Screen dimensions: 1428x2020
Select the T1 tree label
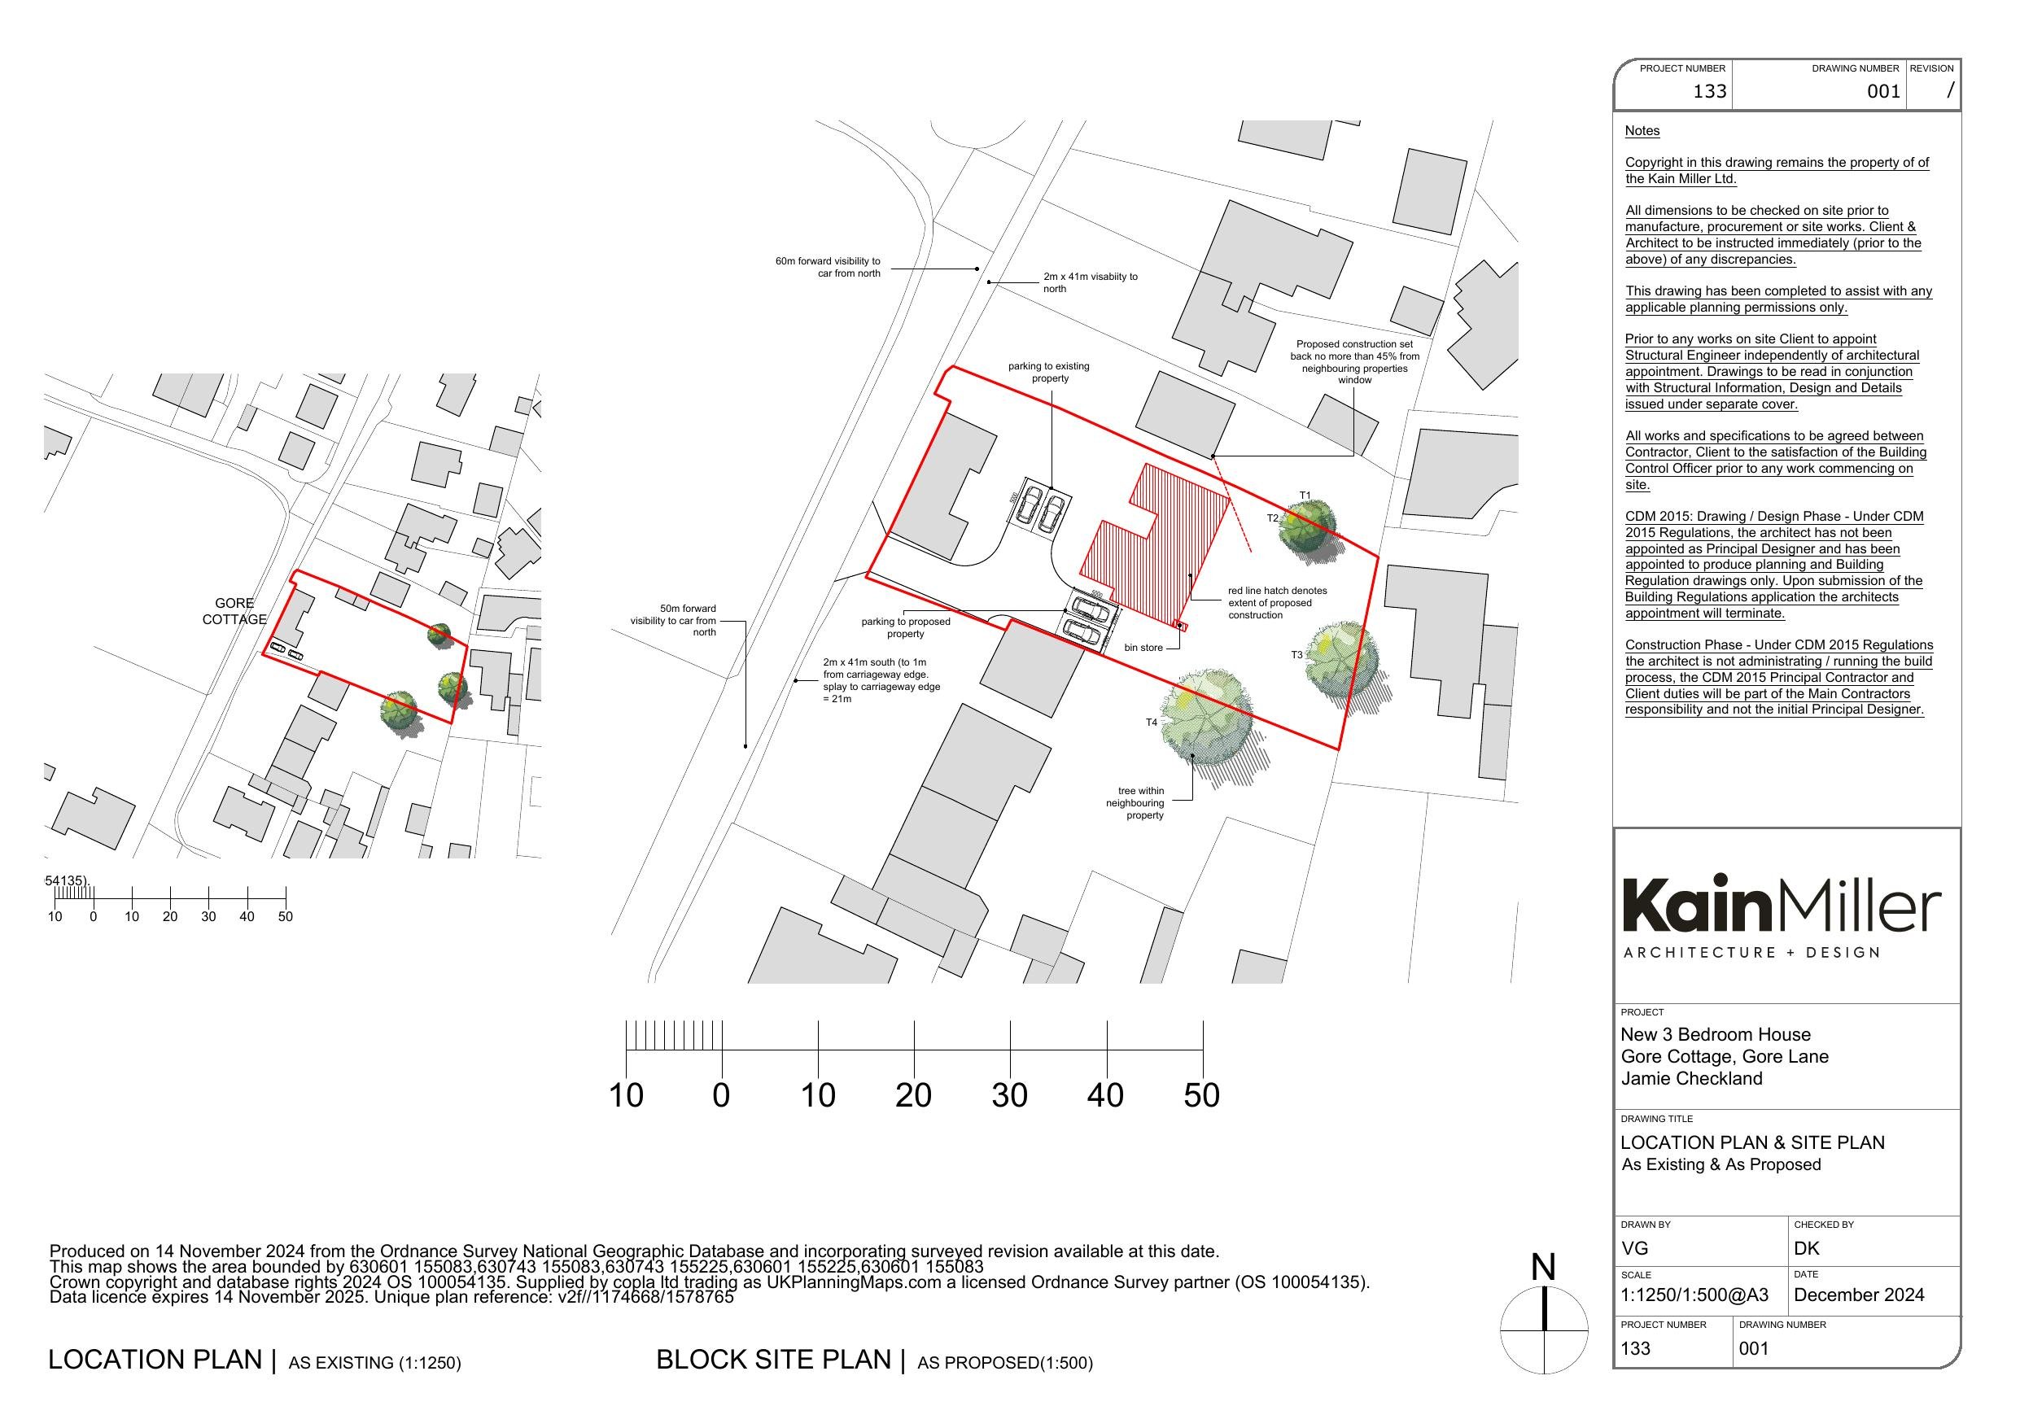1305,496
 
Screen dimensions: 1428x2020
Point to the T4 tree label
1151,723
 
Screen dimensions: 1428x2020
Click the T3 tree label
1296,655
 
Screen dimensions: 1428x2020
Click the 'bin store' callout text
1143,648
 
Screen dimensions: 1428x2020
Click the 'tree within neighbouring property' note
1136,803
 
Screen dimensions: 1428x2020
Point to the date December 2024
1859,1295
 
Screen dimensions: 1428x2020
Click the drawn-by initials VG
1635,1248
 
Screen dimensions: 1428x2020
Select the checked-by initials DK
1806,1248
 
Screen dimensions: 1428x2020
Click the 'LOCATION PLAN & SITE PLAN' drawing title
1752,1143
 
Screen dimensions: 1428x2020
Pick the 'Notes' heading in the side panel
1642,131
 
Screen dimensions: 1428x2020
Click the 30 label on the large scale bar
1009,1095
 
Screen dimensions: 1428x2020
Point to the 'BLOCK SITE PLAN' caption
773,1360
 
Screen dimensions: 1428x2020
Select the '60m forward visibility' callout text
828,268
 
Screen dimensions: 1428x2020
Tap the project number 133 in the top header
1709,91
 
